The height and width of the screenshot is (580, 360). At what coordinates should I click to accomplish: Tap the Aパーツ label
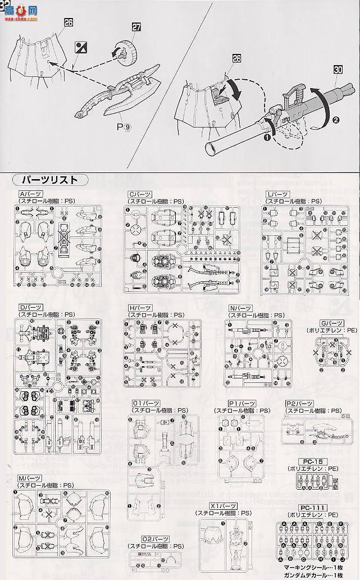tap(29, 194)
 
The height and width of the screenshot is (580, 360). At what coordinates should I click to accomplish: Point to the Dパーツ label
tap(29, 308)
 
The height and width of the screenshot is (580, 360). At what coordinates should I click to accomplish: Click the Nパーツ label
tap(239, 308)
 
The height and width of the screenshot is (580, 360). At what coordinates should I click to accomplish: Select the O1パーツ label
tap(144, 403)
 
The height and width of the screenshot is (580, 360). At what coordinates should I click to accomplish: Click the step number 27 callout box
tap(136, 26)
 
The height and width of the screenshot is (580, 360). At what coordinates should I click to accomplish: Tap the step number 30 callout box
tap(338, 70)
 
